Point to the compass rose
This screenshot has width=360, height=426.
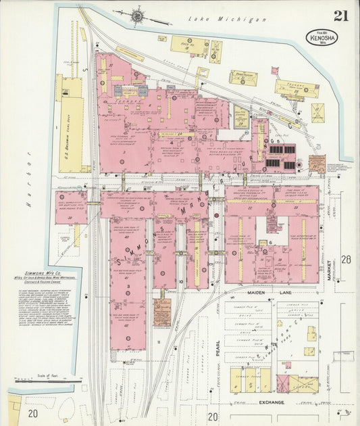click(x=138, y=14)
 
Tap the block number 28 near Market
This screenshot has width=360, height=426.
click(x=346, y=260)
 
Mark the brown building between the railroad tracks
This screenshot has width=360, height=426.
click(x=161, y=312)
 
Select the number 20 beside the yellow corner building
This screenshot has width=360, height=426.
click(x=32, y=412)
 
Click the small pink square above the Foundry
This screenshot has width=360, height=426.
click(x=275, y=70)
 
